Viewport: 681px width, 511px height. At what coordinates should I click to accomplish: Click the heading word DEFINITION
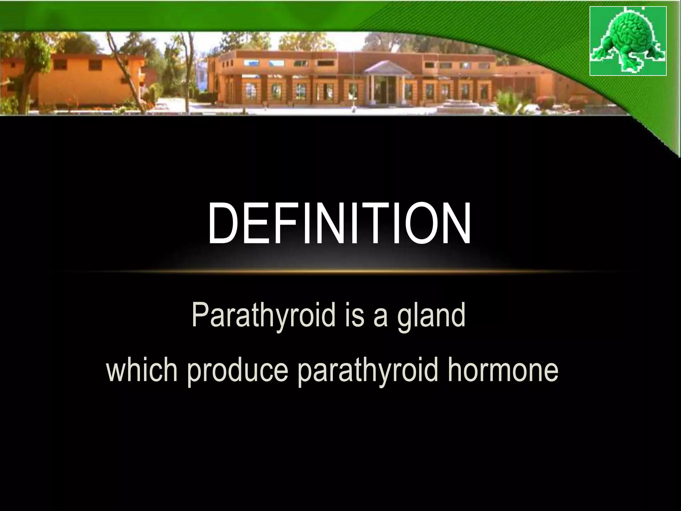(339, 224)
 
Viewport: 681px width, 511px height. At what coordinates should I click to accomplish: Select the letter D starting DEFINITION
(222, 224)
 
